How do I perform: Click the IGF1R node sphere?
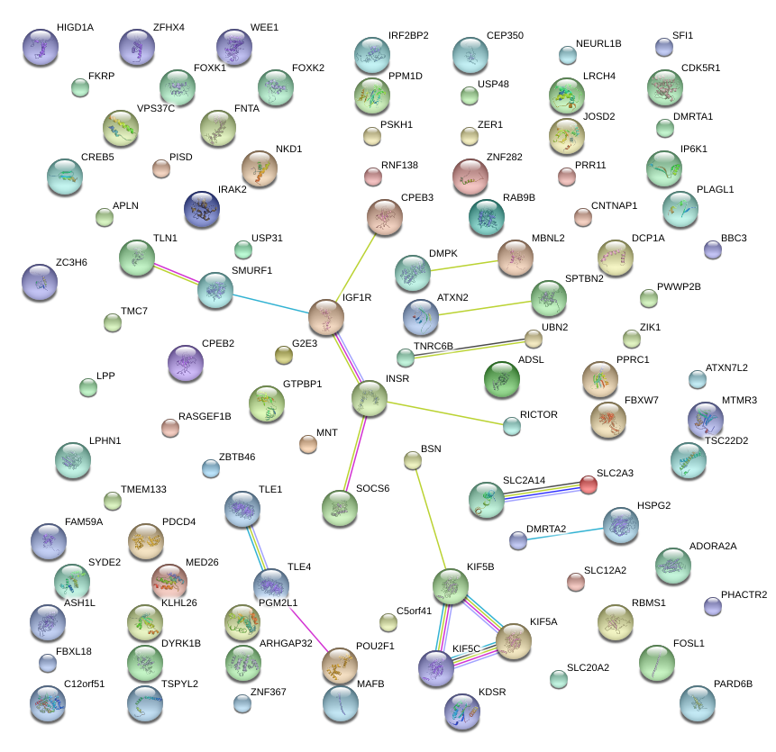pyautogui.click(x=326, y=317)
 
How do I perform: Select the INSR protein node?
pyautogui.click(x=370, y=398)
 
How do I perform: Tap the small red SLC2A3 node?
pyautogui.click(x=589, y=485)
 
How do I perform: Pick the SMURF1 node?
pyautogui.click(x=215, y=290)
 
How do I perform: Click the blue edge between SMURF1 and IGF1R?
pyautogui.click(x=270, y=304)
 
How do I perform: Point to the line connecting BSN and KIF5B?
pyautogui.click(x=431, y=522)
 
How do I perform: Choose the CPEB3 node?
pyautogui.click(x=386, y=217)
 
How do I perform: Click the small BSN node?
pyautogui.click(x=413, y=460)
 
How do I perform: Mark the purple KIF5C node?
pyautogui.click(x=436, y=667)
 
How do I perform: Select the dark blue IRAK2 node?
pyautogui.click(x=201, y=209)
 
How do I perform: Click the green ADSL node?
pyautogui.click(x=501, y=379)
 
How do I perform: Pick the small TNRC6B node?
pyautogui.click(x=406, y=358)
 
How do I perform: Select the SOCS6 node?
pyautogui.click(x=339, y=508)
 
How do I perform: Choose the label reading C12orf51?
pyautogui.click(x=85, y=684)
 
